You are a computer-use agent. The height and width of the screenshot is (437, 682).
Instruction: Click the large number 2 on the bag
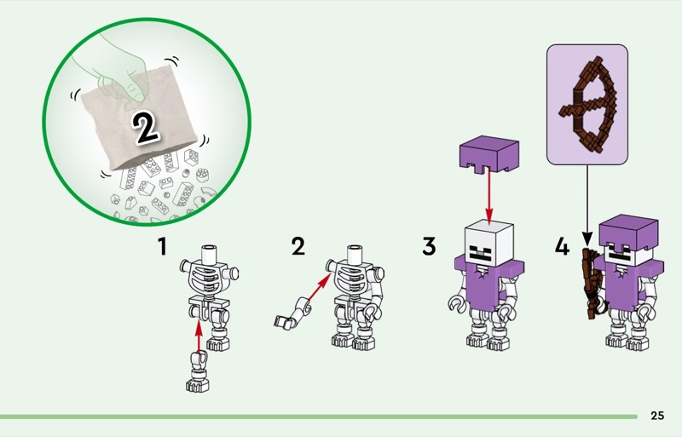[146, 127]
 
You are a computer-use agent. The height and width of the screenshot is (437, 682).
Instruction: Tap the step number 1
[163, 246]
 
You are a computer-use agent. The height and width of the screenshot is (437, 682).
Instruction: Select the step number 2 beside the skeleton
[298, 246]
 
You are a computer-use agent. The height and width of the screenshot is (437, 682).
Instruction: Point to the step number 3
[429, 246]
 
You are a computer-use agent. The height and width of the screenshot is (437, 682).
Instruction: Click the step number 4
[562, 246]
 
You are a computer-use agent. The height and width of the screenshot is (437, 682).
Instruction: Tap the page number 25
[657, 416]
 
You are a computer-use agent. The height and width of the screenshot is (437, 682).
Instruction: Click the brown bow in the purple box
[588, 105]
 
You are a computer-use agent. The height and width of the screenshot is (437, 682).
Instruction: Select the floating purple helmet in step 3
[489, 154]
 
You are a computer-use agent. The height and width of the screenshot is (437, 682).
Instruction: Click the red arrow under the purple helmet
[489, 197]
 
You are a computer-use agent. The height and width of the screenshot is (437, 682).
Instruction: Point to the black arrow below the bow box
[587, 204]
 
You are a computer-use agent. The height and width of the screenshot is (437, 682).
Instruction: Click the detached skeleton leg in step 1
[198, 371]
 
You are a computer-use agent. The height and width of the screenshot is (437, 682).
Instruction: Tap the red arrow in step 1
[199, 336]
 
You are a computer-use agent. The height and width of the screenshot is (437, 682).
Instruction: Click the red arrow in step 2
[319, 287]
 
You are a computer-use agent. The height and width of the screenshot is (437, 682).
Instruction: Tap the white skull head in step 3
[489, 243]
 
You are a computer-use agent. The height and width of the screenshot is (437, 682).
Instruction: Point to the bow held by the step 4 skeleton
[592, 283]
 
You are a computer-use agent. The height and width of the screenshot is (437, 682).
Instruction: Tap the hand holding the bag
[114, 72]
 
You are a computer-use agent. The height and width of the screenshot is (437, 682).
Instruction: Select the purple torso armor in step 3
[488, 283]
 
